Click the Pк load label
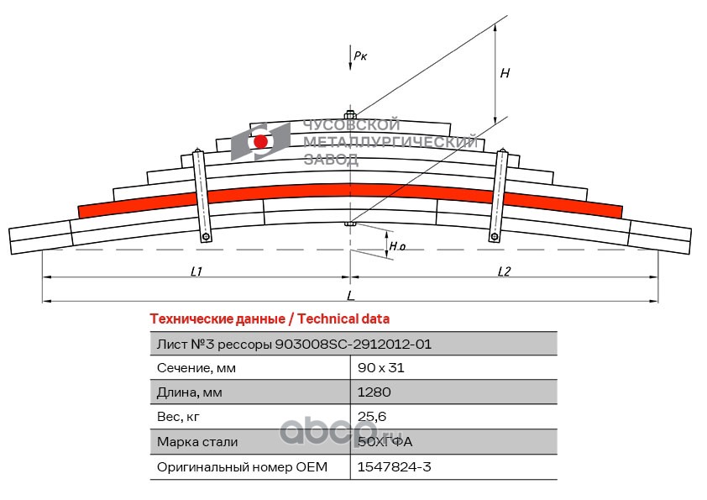(x=360, y=56)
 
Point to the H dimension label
(x=505, y=73)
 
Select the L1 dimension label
(x=196, y=271)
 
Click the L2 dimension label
(x=504, y=271)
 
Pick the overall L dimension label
(x=350, y=296)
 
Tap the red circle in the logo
(x=261, y=141)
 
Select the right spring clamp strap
(x=499, y=195)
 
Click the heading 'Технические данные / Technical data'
(x=270, y=319)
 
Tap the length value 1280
(x=374, y=392)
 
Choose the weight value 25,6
(x=372, y=416)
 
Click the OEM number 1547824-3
(x=394, y=466)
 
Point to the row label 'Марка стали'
(x=197, y=441)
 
